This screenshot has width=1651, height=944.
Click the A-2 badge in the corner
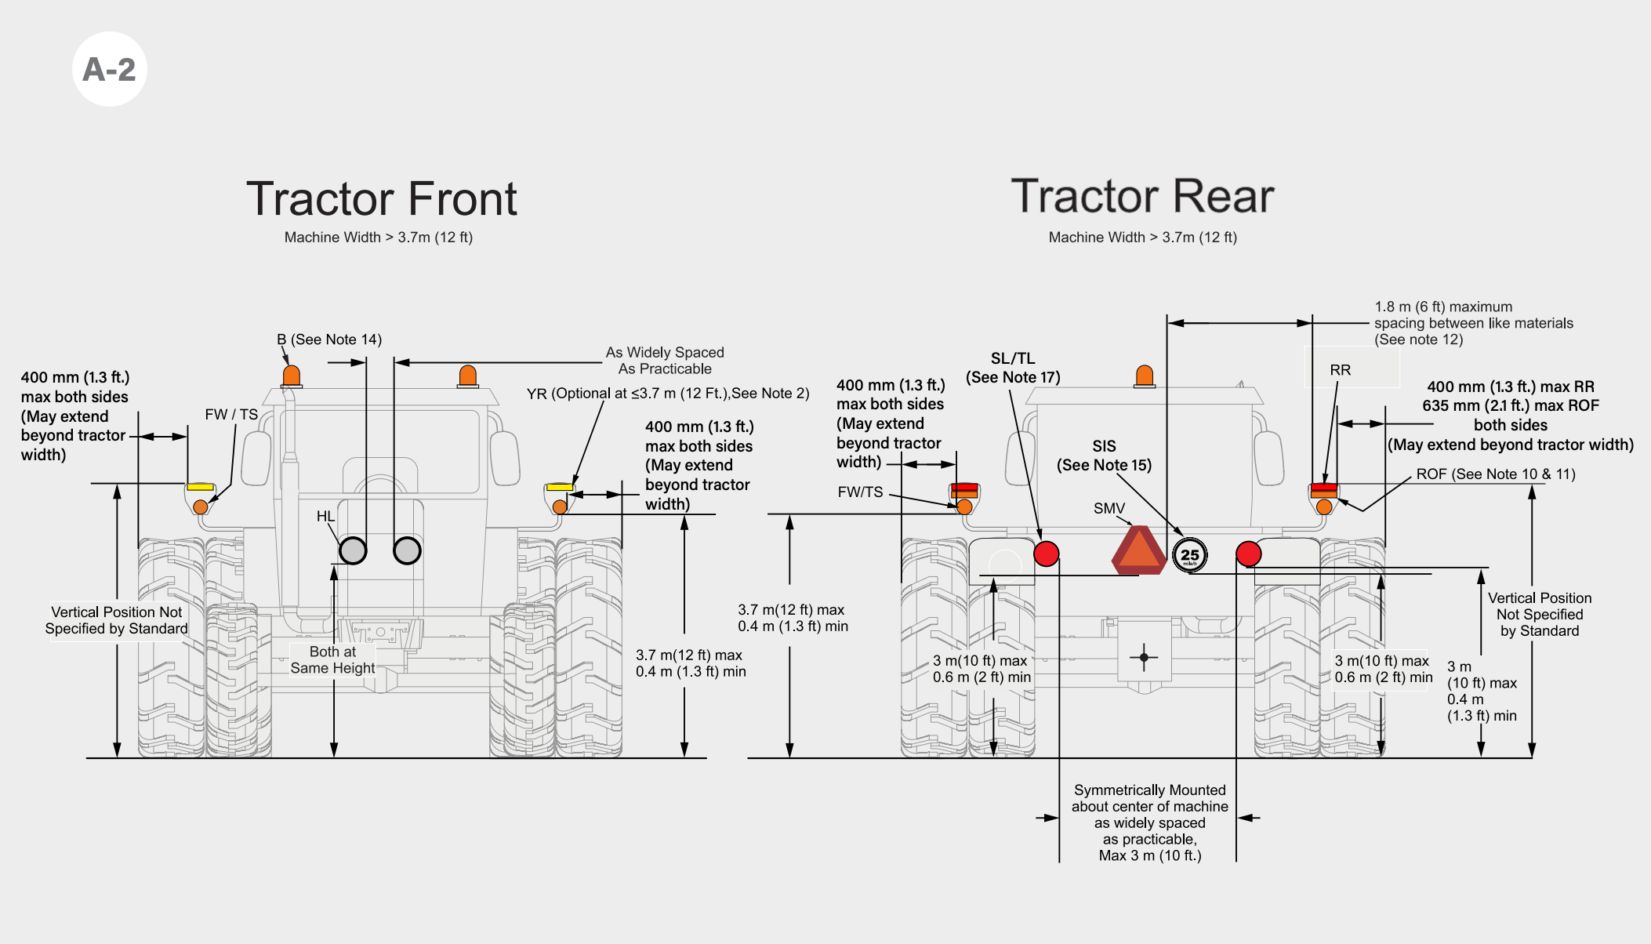click(110, 69)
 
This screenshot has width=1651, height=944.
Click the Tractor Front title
click(382, 198)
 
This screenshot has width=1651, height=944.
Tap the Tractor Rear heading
click(1142, 195)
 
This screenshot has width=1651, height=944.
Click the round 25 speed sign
click(1190, 555)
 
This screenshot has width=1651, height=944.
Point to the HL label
click(325, 516)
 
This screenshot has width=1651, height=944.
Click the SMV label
click(1109, 508)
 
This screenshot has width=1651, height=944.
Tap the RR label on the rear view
click(1341, 369)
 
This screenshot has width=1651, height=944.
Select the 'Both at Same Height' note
click(332, 659)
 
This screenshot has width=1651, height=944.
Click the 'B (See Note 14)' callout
click(329, 339)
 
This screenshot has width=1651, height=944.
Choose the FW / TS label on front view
click(231, 414)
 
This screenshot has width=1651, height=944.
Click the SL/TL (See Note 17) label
click(1013, 368)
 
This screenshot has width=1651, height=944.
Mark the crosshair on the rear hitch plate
click(1144, 657)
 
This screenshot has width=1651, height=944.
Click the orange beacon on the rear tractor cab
click(1145, 376)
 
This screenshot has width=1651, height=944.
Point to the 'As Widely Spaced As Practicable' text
click(665, 361)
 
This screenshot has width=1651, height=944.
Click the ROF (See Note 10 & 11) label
click(1496, 474)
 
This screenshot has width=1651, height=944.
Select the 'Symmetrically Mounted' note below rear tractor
click(1150, 822)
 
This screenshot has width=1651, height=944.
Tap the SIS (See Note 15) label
click(1105, 456)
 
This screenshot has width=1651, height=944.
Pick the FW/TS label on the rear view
click(860, 492)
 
